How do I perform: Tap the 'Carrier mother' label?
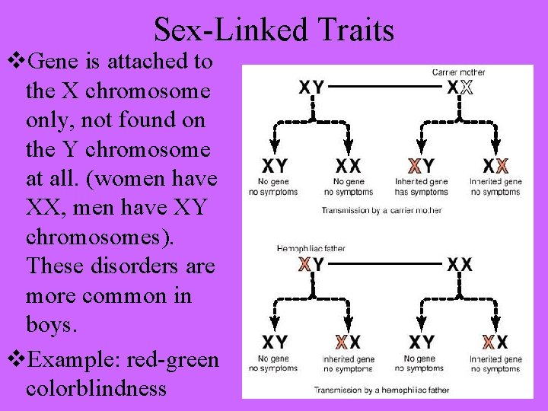pyautogui.click(x=459, y=72)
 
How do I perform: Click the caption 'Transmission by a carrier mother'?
pyautogui.click(x=381, y=210)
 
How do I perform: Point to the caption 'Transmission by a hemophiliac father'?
pyautogui.click(x=382, y=390)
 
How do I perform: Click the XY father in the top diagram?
pyautogui.click(x=311, y=88)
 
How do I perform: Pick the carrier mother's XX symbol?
pyautogui.click(x=460, y=88)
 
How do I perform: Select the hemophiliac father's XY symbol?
pyautogui.click(x=311, y=265)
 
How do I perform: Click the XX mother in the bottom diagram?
pyautogui.click(x=460, y=265)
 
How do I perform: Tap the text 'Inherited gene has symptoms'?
pyautogui.click(x=422, y=187)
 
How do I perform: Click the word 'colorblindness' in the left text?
pyautogui.click(x=96, y=387)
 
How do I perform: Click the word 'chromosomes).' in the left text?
pyautogui.click(x=100, y=238)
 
